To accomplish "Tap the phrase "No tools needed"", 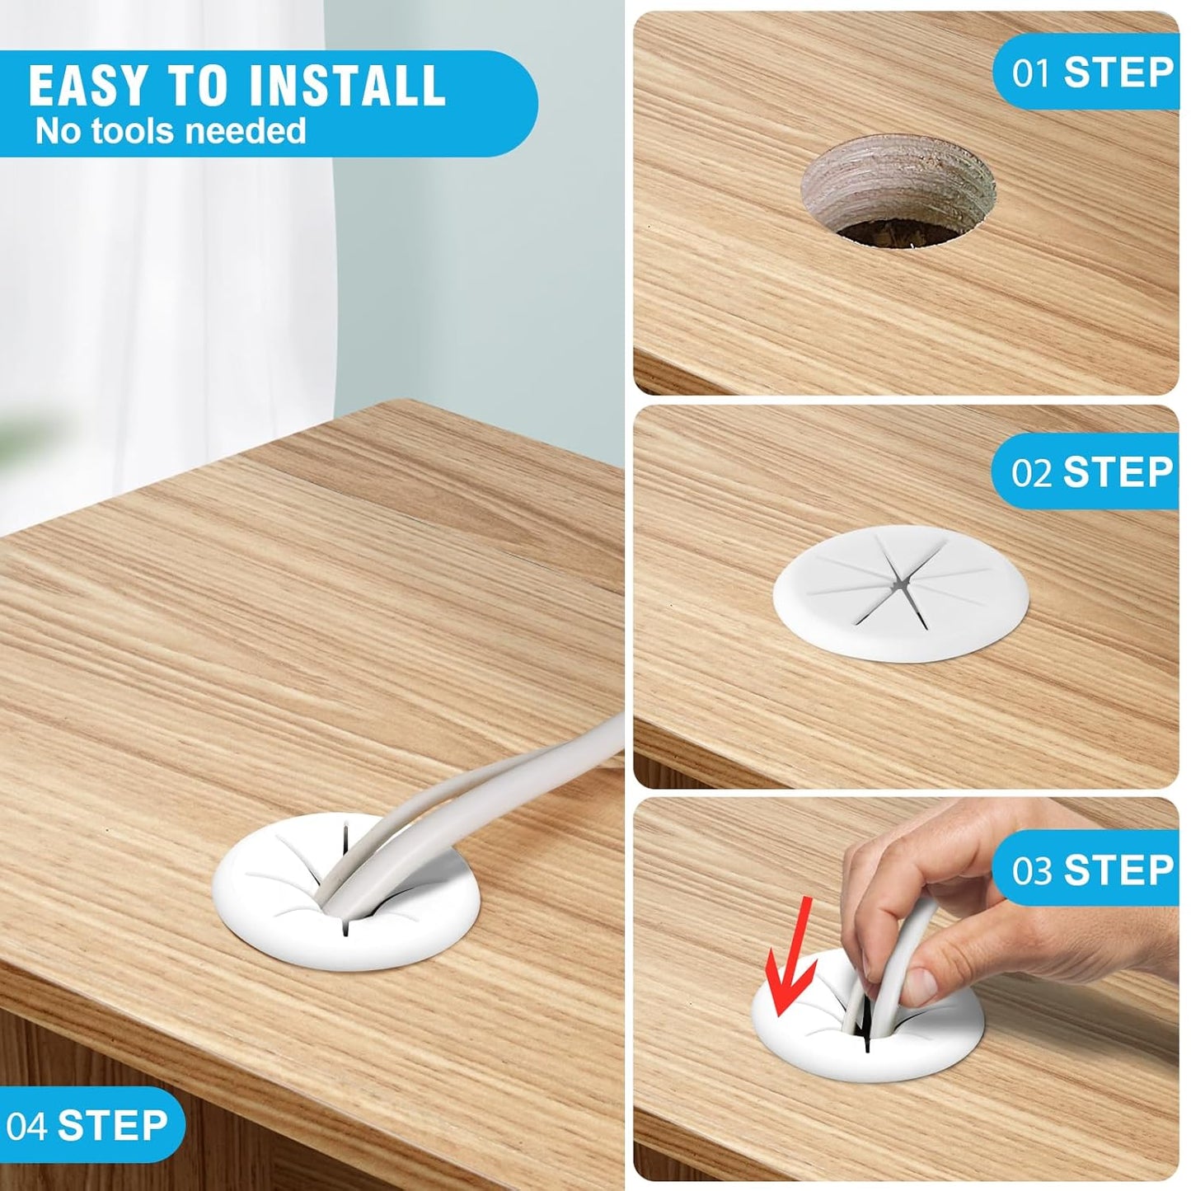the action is click(x=171, y=131).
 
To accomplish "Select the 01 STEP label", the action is click(x=1092, y=73).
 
